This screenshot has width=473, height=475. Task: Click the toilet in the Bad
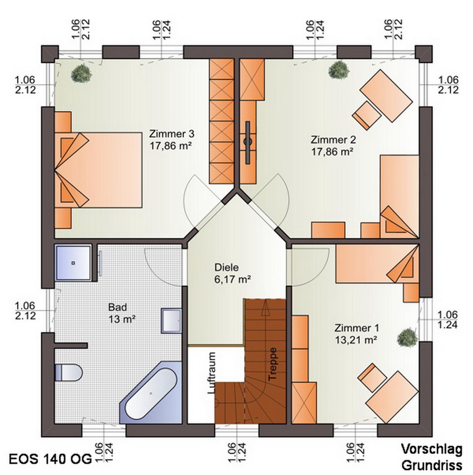69,372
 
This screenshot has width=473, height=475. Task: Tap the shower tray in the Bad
73,263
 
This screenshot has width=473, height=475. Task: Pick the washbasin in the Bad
171,320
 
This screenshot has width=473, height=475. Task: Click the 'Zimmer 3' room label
172,133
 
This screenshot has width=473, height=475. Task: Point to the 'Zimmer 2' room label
333,140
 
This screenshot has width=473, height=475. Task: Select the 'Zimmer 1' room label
357,328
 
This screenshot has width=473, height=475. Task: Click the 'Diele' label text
227,267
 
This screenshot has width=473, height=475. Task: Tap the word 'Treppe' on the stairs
272,363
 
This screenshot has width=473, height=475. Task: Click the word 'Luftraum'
212,373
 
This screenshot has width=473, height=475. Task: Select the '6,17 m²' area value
233,279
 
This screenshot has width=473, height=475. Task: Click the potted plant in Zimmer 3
81,73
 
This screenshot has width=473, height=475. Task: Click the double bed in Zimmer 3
98,170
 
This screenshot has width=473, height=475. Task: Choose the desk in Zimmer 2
386,96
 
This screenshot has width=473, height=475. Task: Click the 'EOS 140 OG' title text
50,459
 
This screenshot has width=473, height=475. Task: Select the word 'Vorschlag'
432,449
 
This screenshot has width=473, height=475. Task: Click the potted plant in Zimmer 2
339,70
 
